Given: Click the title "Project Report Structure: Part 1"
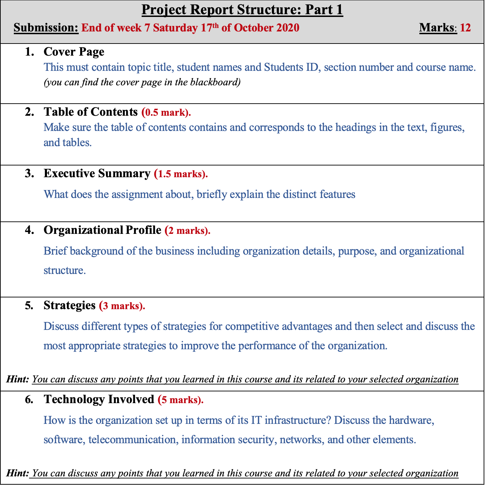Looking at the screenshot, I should [x=242, y=10].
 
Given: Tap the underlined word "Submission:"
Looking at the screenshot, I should [x=46, y=28].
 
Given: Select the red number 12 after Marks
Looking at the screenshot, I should [x=465, y=28].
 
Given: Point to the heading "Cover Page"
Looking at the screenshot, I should [x=74, y=52].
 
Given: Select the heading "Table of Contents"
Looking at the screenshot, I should [x=91, y=112].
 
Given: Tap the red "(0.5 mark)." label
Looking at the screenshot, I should [x=166, y=113].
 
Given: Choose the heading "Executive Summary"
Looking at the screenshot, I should [x=97, y=173].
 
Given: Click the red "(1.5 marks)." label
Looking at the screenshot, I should [x=181, y=174].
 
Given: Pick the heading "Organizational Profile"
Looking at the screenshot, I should [x=102, y=230].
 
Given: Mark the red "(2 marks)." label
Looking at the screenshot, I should [x=188, y=231].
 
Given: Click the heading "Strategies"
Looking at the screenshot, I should [x=69, y=305].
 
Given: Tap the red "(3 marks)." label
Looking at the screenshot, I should [x=122, y=306].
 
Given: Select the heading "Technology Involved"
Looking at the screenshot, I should [x=99, y=399].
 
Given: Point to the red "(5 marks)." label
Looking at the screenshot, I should [x=181, y=400].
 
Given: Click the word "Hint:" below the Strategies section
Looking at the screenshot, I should [x=18, y=379].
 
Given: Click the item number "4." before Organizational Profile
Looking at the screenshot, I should [x=29, y=230].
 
